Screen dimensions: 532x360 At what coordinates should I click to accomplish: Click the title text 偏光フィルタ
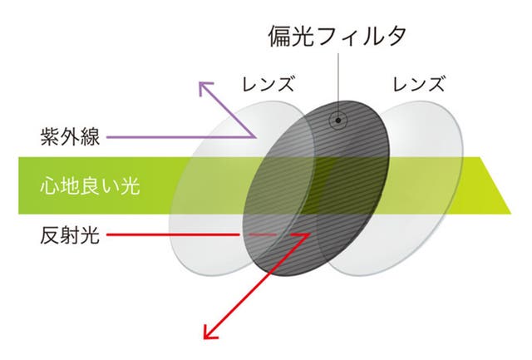tap(337, 37)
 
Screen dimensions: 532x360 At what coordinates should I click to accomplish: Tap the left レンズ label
tap(268, 84)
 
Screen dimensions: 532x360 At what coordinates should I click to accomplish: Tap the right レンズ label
tap(418, 84)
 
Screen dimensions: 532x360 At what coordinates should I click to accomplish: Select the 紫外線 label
tap(70, 137)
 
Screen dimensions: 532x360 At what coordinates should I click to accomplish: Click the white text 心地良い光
tap(90, 186)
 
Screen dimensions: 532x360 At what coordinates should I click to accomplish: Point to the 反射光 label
tap(70, 234)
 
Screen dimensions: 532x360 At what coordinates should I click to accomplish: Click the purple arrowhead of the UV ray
tap(205, 88)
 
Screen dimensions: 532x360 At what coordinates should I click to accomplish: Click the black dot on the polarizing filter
tap(338, 120)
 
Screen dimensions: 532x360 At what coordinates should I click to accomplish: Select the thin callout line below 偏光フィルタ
tap(338, 85)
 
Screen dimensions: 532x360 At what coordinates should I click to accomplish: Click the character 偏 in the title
tap(279, 37)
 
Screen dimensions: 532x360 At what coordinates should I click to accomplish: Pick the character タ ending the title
tap(394, 37)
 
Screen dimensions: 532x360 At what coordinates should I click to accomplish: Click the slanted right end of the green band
tap(495, 185)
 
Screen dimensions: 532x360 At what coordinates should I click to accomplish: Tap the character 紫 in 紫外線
tap(50, 137)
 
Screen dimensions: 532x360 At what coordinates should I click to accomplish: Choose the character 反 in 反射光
tap(50, 234)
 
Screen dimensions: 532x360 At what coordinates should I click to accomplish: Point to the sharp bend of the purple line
tap(255, 137)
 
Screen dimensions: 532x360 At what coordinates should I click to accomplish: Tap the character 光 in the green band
tap(131, 186)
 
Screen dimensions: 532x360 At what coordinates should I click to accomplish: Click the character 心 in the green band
tap(50, 186)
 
